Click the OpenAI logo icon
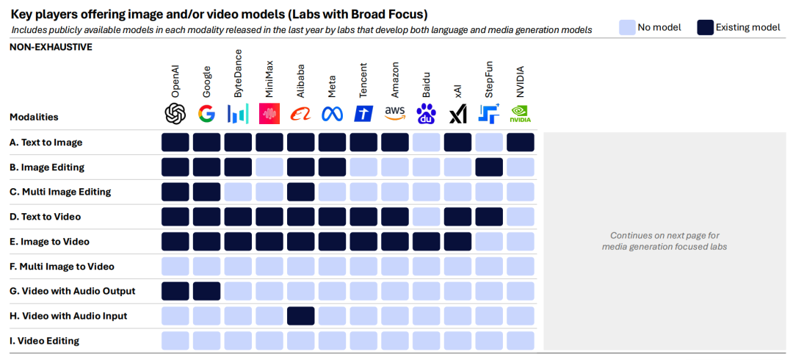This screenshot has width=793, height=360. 175,113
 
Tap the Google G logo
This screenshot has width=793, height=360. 206,113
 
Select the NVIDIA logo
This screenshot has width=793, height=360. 521,113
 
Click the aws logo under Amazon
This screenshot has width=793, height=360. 395,112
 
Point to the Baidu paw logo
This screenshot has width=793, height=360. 427,113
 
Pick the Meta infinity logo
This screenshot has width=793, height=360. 332,113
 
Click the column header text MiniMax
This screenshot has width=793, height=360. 269,82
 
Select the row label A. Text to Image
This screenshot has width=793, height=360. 46,143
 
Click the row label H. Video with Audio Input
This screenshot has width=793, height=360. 68,316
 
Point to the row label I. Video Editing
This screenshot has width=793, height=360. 44,341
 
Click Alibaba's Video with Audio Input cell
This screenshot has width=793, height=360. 301,316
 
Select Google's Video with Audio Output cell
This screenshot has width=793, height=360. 206,291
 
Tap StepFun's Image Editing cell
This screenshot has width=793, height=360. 489,167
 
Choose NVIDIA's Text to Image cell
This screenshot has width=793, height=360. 521,143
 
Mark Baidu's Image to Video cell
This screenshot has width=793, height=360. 427,241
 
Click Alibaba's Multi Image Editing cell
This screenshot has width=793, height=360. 301,192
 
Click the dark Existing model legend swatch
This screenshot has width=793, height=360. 706,28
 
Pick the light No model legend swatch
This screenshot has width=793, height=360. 626,28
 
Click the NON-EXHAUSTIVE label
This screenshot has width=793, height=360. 51,47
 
